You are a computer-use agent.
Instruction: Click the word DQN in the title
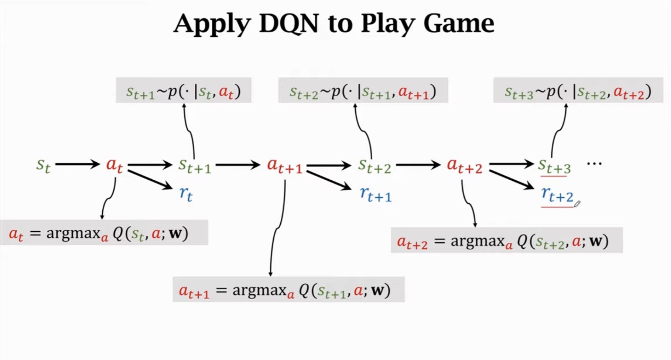click(x=289, y=24)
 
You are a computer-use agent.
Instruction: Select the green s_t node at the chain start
click(x=43, y=165)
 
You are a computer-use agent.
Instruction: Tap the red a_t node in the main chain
click(x=114, y=165)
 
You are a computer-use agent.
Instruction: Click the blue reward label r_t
click(x=186, y=194)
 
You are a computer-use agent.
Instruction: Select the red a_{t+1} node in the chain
click(x=284, y=166)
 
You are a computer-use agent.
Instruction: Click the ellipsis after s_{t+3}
click(x=594, y=163)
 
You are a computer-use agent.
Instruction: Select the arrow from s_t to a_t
click(x=77, y=164)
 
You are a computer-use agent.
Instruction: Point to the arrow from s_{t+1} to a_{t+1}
click(x=238, y=164)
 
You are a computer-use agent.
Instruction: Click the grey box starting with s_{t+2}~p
click(x=363, y=91)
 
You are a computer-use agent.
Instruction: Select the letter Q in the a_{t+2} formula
click(x=522, y=241)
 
